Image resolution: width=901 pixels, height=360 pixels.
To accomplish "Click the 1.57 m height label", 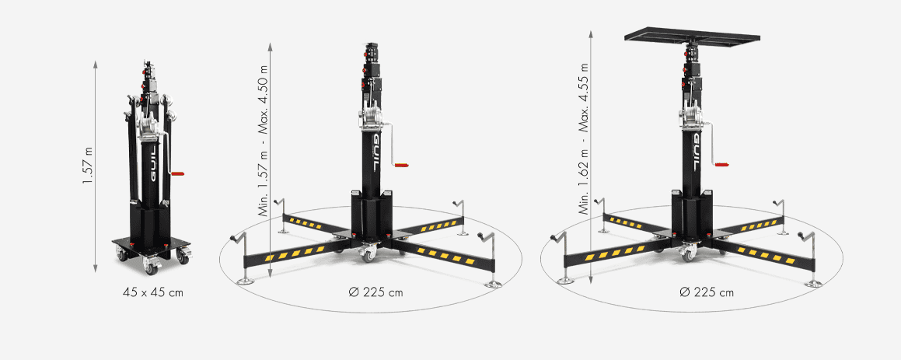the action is tap(87, 165).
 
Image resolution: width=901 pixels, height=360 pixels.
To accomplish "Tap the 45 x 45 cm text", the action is tap(153, 292).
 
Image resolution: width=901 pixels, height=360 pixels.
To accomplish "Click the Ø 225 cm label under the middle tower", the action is tap(375, 292).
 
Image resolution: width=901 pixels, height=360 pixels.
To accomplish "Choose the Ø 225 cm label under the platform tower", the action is tap(706, 292).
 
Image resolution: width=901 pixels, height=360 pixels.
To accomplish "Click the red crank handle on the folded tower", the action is tap(177, 172).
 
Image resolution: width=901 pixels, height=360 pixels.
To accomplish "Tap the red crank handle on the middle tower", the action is tap(400, 165).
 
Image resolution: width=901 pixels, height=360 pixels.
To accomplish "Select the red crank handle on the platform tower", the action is tap(721, 165).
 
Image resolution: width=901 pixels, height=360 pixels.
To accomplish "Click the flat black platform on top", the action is tap(692, 37).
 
